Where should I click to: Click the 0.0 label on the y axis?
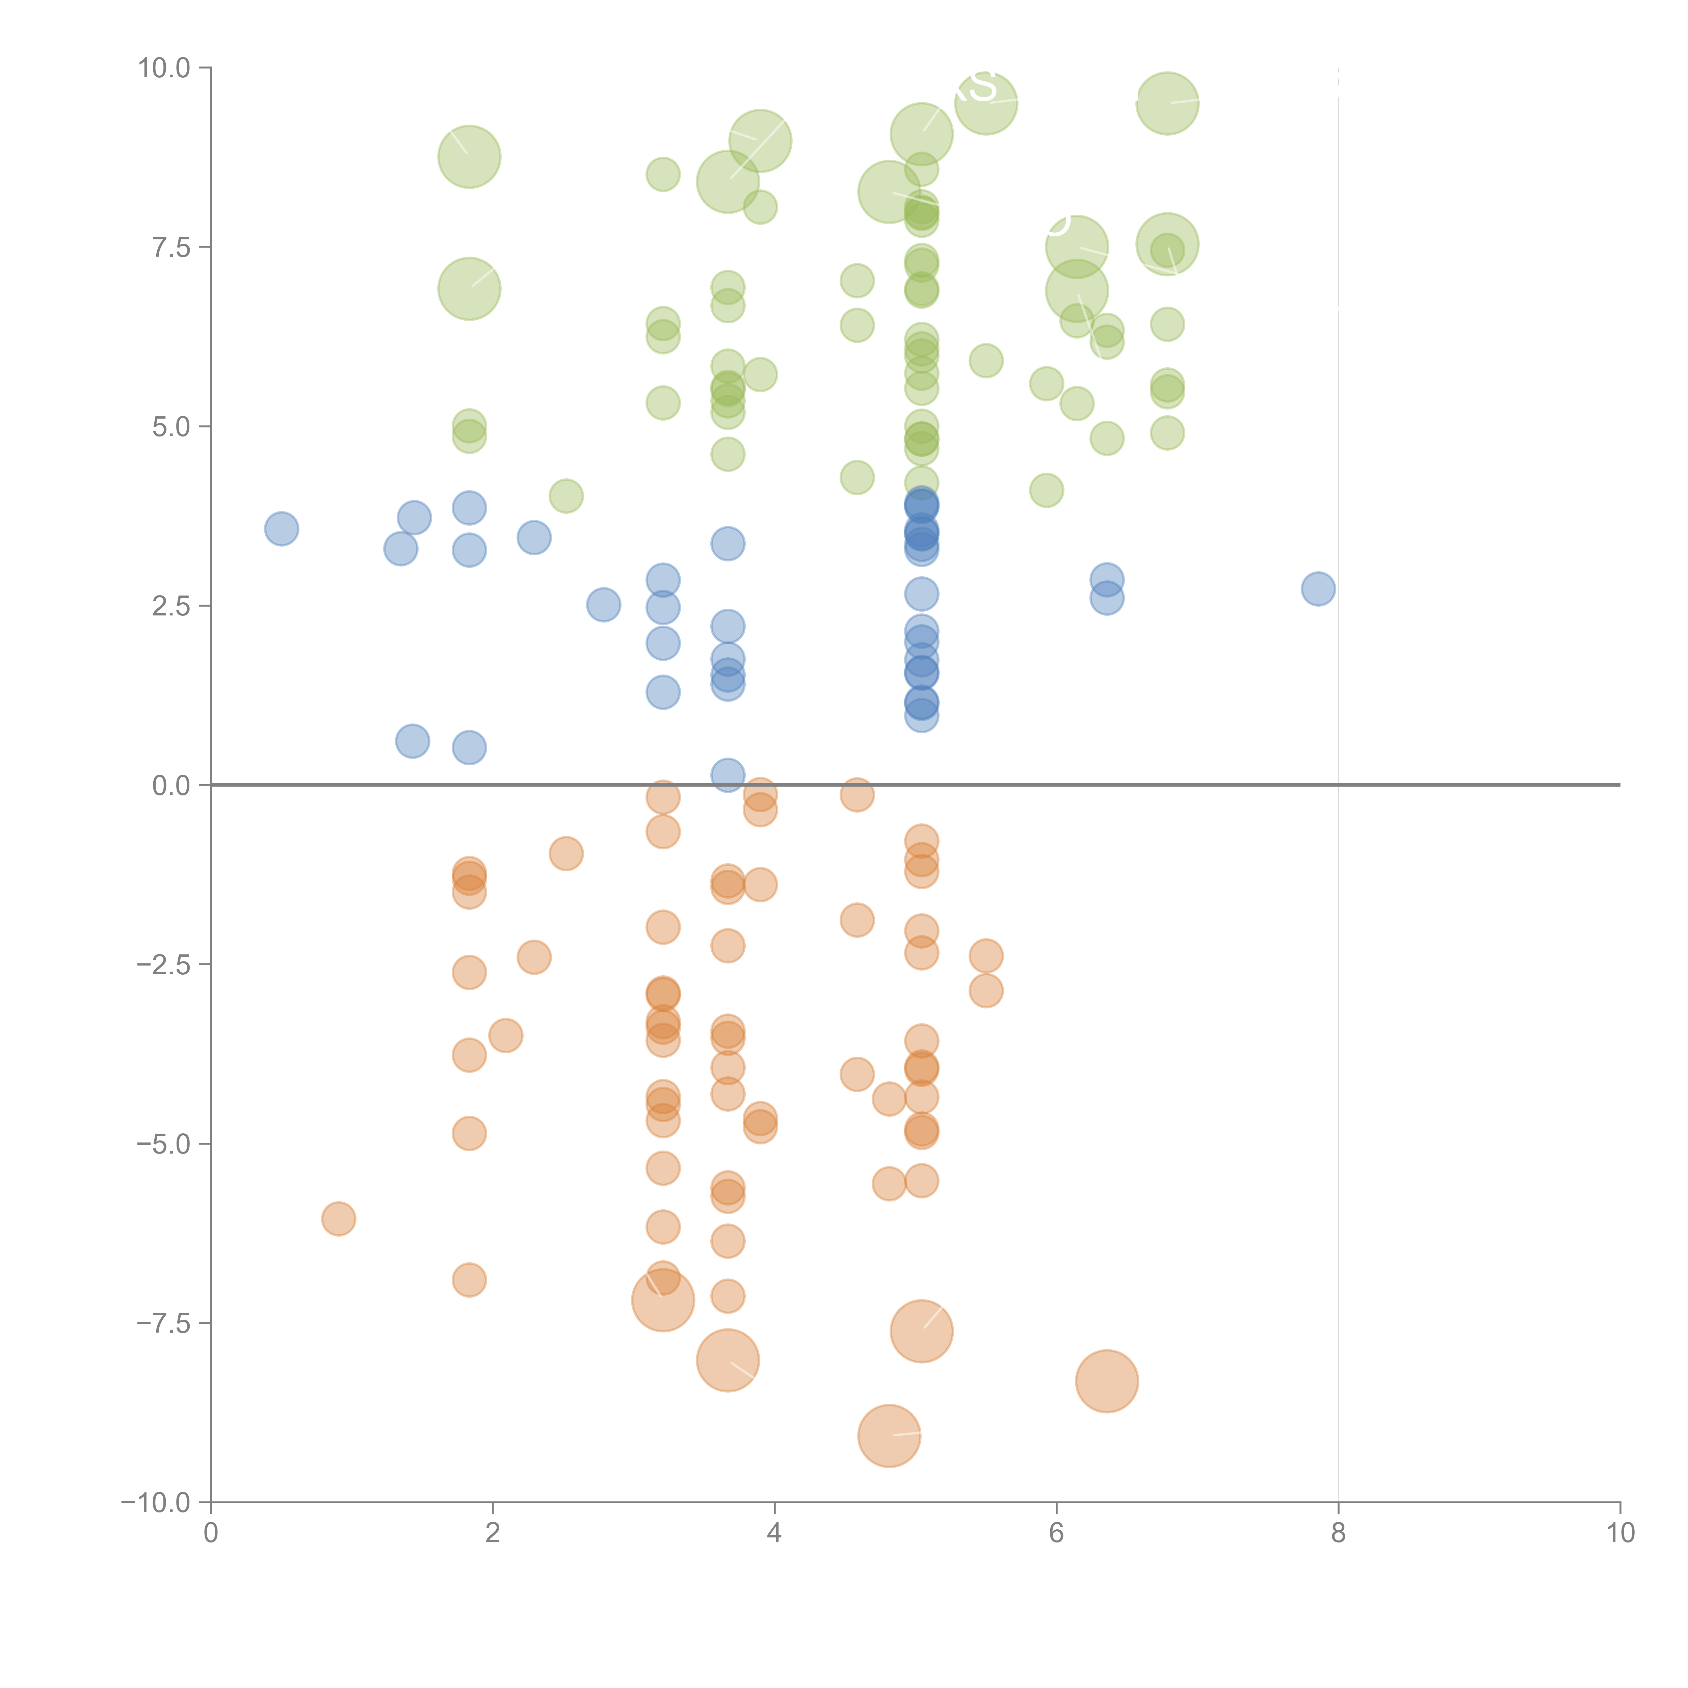pos(171,786)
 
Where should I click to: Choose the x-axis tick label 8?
pos(1338,1533)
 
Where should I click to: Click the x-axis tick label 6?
pos(1056,1533)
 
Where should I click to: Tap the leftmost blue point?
pos(281,529)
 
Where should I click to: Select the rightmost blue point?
pos(1318,589)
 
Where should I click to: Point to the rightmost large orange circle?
pos(1106,1380)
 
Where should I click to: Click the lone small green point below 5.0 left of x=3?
pos(566,496)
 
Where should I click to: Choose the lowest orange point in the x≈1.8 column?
pos(469,1280)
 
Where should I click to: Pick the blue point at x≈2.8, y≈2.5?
pos(603,605)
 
